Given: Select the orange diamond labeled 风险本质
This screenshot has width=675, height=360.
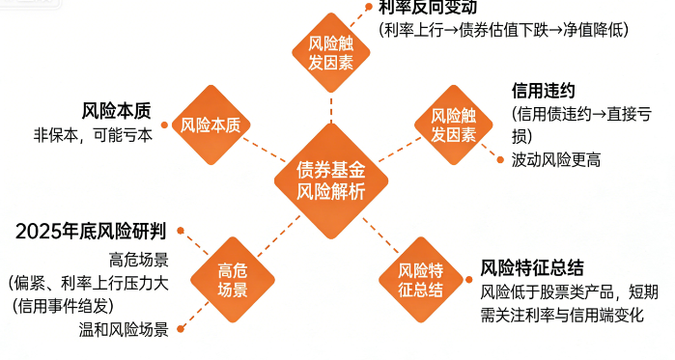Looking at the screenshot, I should pyautogui.click(x=211, y=125).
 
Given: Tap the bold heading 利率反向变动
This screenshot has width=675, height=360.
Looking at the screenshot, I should pyautogui.click(x=428, y=8).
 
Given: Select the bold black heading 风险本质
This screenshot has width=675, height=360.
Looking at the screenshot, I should pyautogui.click(x=116, y=111).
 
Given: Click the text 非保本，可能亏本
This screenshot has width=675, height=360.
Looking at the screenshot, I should pyautogui.click(x=94, y=135).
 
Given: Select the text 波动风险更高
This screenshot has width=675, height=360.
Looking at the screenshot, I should pyautogui.click(x=556, y=159).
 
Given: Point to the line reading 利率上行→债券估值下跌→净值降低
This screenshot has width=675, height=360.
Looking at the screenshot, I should pyautogui.click(x=503, y=30).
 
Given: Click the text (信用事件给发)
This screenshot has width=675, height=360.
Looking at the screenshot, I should pyautogui.click(x=64, y=306).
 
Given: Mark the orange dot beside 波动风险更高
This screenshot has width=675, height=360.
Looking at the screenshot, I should pyautogui.click(x=498, y=157).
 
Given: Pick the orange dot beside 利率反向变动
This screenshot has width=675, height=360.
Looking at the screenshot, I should pyautogui.click(x=367, y=8).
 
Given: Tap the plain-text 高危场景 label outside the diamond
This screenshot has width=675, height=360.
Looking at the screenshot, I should pyautogui.click(x=139, y=259).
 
